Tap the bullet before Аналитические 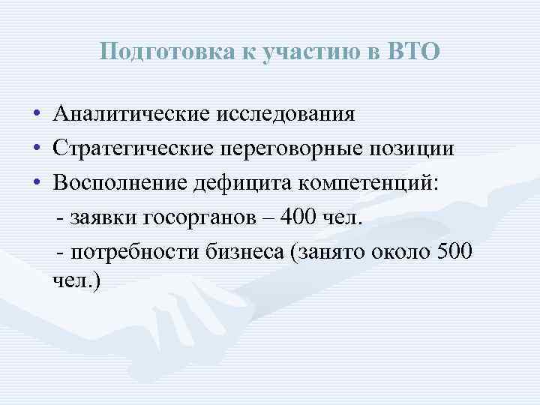36,115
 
